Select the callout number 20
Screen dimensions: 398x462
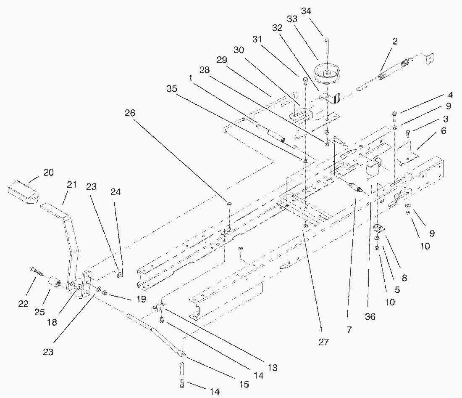coord(48,173)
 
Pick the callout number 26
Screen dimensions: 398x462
coord(131,112)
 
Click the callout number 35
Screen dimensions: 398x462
coord(171,89)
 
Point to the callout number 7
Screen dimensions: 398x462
coord(349,331)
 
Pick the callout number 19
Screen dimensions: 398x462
coord(141,299)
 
